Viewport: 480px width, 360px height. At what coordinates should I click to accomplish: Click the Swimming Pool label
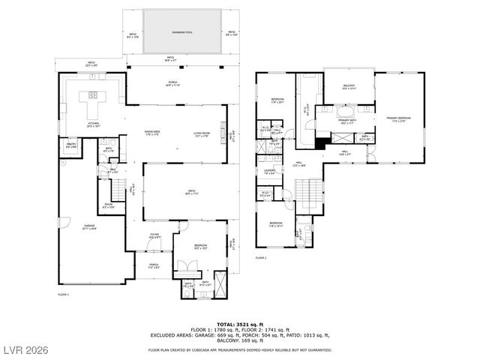tap(183, 32)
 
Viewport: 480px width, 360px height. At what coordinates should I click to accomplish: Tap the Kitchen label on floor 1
tap(94, 124)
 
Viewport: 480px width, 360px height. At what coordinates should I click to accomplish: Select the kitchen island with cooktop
tap(95, 95)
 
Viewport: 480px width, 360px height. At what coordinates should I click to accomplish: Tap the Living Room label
tap(201, 133)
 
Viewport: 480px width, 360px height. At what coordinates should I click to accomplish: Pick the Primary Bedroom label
tap(398, 118)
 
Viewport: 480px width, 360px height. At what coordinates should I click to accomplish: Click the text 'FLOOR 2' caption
tap(262, 258)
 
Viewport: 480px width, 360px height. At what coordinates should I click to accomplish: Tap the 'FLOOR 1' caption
tap(63, 295)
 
